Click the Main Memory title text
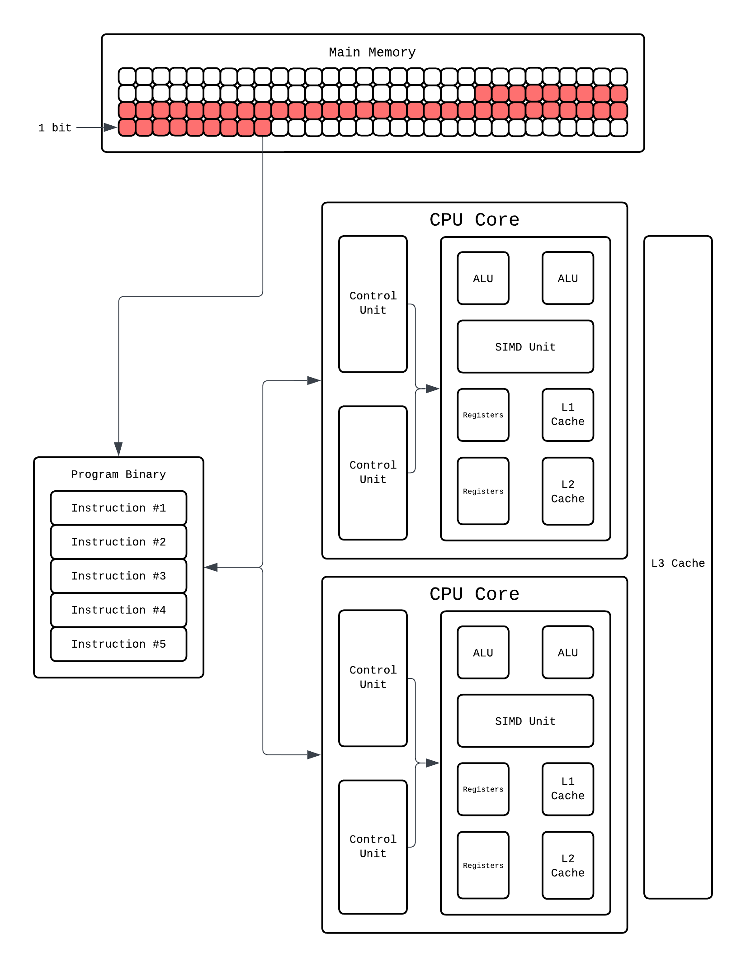pos(372,52)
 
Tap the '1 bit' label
pos(55,128)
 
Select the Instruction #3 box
pos(118,576)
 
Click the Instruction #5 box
pos(118,644)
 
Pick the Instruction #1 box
pos(118,508)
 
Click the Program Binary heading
pos(118,474)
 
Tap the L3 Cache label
pos(678,563)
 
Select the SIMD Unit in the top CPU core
pos(525,347)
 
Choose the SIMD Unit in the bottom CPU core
pos(525,721)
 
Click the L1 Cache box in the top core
pos(567,414)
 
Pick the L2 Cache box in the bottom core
pos(567,865)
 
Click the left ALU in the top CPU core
pos(483,279)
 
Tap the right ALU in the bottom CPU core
pos(567,653)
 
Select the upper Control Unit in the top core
pos(373,303)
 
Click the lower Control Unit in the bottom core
pos(373,846)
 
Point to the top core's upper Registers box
pos(483,415)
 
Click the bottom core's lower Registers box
pos(483,865)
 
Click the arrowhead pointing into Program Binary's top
pos(118,449)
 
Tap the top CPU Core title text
pos(474,220)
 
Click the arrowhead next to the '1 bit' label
pos(110,128)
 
